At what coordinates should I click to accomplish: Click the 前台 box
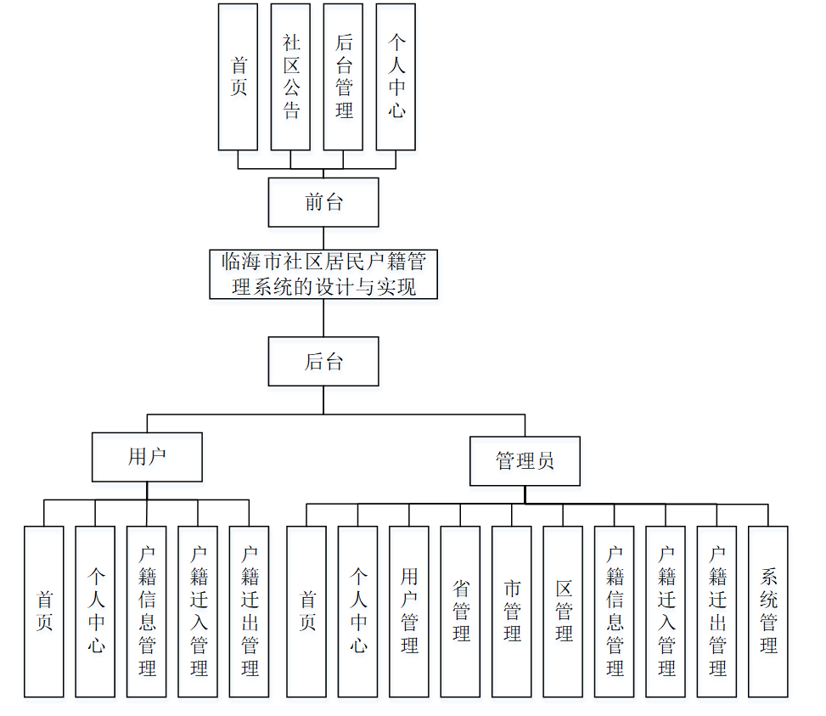(323, 202)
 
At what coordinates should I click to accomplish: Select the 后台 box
(323, 362)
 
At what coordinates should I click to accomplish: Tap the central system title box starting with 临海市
(323, 273)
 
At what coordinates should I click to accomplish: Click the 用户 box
(147, 457)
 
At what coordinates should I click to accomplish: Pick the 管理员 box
(525, 461)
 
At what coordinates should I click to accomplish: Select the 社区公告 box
(291, 76)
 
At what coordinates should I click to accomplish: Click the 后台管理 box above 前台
(344, 76)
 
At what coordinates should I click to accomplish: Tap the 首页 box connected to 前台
(239, 76)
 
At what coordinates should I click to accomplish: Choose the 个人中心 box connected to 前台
(396, 76)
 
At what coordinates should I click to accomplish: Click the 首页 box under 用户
(44, 612)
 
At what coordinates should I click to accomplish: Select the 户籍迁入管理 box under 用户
(198, 612)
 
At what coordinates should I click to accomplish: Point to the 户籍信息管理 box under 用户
(147, 612)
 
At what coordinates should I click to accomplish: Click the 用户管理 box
(409, 612)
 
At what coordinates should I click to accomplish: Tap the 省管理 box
(460, 612)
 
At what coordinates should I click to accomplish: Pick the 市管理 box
(512, 612)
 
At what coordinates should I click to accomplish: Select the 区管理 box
(563, 612)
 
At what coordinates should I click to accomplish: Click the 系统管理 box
(768, 612)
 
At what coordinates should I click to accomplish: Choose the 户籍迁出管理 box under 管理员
(716, 612)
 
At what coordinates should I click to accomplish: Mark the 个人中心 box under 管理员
(357, 612)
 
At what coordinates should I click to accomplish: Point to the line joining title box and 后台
(323, 318)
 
